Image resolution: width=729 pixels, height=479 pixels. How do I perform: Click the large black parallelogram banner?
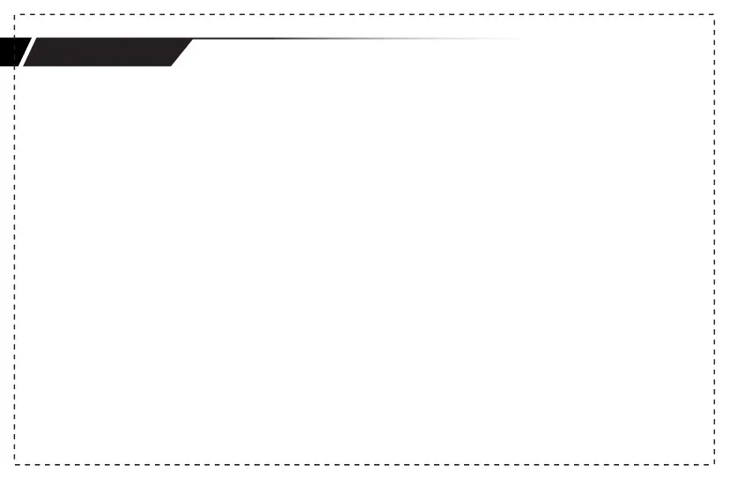(106, 53)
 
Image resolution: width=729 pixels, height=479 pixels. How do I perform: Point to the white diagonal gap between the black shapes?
(26, 53)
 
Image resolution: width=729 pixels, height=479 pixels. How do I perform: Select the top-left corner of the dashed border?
(15, 15)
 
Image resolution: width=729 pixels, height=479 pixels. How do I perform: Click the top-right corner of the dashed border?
(713, 15)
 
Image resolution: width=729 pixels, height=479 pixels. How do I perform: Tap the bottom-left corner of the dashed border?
(15, 463)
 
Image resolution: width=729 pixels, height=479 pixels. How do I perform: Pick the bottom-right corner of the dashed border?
(713, 463)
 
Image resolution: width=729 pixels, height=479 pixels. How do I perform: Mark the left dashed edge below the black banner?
(15, 264)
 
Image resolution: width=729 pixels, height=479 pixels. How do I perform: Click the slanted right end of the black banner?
(182, 53)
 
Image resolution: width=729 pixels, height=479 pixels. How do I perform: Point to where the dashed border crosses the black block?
(15, 53)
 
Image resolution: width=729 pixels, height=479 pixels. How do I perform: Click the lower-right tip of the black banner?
(173, 66)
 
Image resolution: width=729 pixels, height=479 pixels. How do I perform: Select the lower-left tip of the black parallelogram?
(25, 66)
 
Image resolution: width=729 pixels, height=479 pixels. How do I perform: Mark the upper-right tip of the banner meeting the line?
(193, 39)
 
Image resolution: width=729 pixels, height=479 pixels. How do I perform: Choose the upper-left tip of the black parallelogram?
(36, 40)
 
